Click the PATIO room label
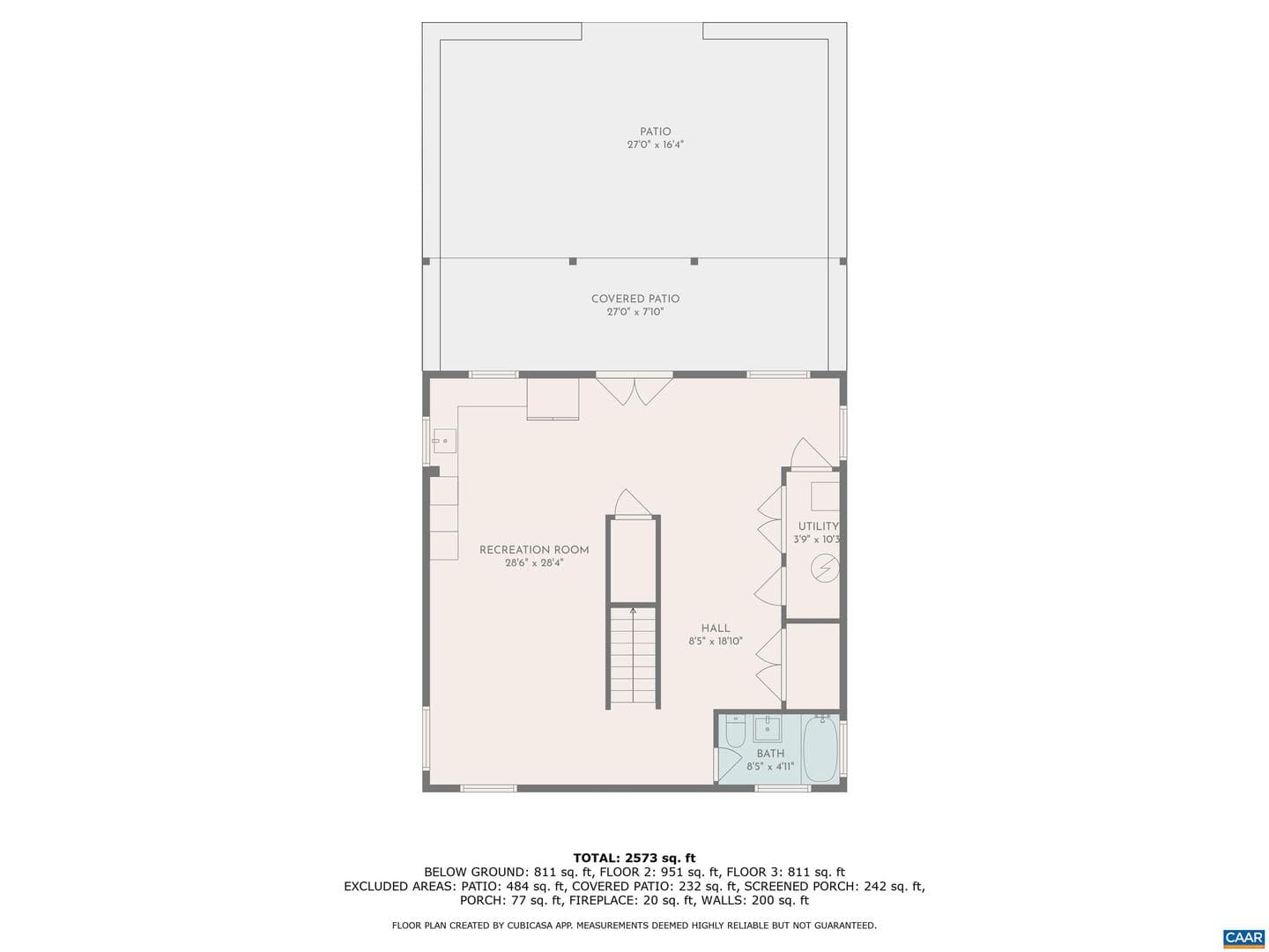click(x=655, y=132)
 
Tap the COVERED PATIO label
click(x=634, y=299)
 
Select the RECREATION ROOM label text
click(x=534, y=550)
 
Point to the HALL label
click(x=716, y=628)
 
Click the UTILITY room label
click(x=818, y=526)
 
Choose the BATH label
click(x=770, y=753)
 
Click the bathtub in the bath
click(x=821, y=748)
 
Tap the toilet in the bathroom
click(x=735, y=733)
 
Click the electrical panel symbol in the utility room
click(x=825, y=568)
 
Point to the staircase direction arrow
click(x=633, y=655)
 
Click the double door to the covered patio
click(x=634, y=391)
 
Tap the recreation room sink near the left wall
click(x=444, y=441)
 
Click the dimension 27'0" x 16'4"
click(x=655, y=145)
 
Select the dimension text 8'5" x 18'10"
click(x=716, y=641)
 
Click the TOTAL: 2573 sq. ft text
click(x=634, y=858)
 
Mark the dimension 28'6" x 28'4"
click(x=534, y=562)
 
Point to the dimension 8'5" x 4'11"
click(x=770, y=767)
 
